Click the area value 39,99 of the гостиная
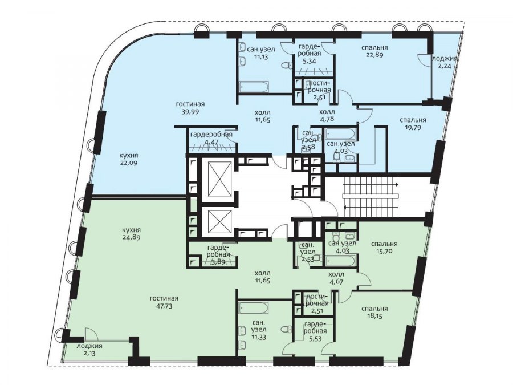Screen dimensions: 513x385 (x=190, y=111)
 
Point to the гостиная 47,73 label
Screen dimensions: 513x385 (x=164, y=302)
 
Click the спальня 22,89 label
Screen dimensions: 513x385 (x=374, y=51)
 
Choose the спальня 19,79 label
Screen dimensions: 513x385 (x=413, y=123)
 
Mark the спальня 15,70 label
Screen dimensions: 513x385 (x=384, y=247)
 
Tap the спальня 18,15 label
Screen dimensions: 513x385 (x=374, y=311)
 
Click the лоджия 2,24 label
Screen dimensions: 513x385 (x=444, y=62)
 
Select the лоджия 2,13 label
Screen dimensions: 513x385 (x=89, y=349)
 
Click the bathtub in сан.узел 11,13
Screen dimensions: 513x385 (x=254, y=87)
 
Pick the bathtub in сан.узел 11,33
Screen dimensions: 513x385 (x=254, y=308)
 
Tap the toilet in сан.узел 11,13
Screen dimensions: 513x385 (x=287, y=66)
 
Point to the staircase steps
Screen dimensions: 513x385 (x=370, y=197)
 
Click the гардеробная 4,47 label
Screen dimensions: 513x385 (x=211, y=138)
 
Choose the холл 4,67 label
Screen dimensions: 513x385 (x=337, y=278)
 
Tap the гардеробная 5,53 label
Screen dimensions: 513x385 (x=316, y=331)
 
